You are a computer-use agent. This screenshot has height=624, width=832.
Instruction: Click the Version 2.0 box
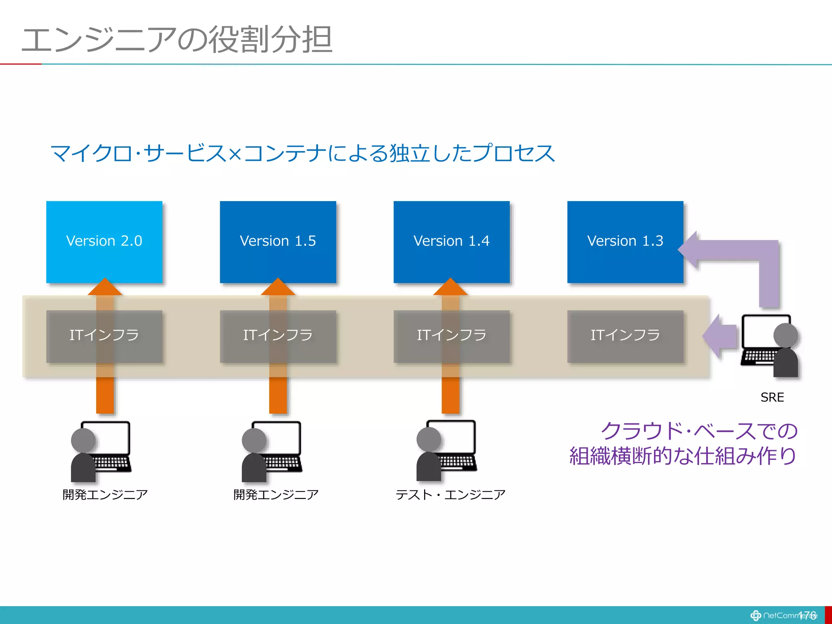(104, 241)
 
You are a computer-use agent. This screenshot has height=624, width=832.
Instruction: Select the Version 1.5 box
(278, 241)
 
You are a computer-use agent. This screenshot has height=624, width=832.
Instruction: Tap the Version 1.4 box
(451, 241)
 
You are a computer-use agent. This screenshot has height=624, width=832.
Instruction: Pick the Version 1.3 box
(625, 241)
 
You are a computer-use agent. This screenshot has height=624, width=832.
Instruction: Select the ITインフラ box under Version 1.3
(625, 336)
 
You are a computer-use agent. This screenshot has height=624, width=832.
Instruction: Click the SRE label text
(772, 397)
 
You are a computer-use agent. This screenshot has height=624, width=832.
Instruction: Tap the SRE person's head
(785, 336)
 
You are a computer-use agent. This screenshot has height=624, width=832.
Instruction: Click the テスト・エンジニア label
(451, 494)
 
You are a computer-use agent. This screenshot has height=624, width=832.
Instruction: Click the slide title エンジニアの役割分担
(177, 40)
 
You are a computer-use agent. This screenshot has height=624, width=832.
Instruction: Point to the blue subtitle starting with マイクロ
(302, 154)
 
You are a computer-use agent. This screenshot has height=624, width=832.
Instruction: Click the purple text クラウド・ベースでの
(699, 431)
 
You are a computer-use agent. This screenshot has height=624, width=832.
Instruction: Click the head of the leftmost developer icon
(83, 440)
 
